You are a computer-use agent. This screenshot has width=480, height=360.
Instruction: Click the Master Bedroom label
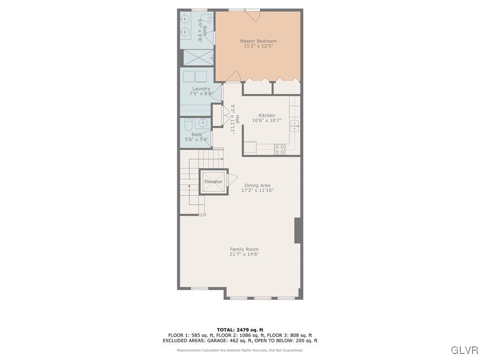(x=258, y=41)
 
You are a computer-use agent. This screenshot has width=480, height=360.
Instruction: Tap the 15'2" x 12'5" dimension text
(x=258, y=46)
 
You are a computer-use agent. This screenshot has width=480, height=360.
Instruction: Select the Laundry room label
(x=201, y=89)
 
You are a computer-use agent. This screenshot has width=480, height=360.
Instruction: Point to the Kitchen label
(x=267, y=115)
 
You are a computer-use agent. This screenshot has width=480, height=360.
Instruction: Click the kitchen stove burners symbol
(x=280, y=149)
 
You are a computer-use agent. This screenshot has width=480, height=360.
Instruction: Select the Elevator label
(x=213, y=181)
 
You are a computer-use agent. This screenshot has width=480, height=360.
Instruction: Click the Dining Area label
(x=257, y=186)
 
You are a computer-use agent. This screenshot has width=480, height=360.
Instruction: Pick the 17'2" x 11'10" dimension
(x=257, y=191)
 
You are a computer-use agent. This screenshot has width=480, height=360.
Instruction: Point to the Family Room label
(x=244, y=249)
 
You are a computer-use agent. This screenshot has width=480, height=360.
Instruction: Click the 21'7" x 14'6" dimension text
(x=244, y=255)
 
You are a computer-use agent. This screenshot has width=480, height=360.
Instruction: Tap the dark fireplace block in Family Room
(x=297, y=230)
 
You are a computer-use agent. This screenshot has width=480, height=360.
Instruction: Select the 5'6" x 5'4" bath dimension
(x=196, y=140)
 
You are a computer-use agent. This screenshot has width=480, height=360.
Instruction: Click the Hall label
(x=237, y=120)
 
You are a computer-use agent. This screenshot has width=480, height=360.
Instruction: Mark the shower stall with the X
(x=197, y=57)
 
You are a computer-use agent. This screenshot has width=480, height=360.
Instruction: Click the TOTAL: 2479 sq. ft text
(x=240, y=330)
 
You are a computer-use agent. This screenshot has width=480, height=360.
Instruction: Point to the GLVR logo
(x=464, y=350)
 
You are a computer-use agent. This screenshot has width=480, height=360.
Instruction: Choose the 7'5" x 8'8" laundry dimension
(x=201, y=94)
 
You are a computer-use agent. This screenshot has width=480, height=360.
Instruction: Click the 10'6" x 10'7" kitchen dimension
(x=267, y=121)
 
